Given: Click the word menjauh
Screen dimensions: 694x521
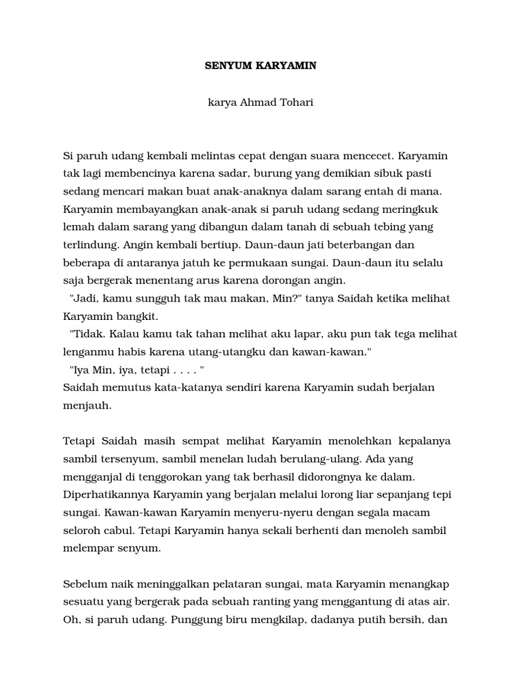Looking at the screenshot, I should click(x=86, y=405).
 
